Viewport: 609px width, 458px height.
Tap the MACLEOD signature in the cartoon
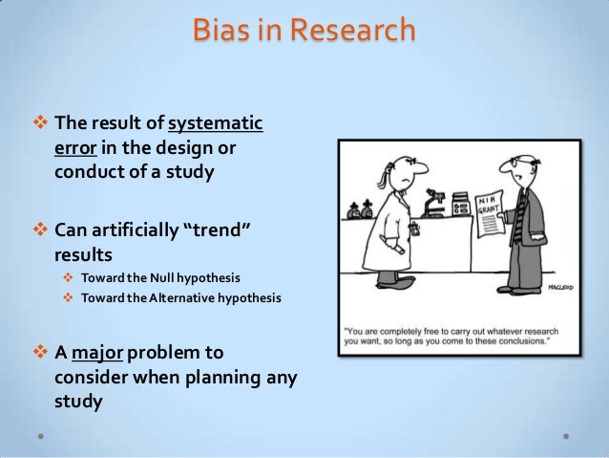coord(567,286)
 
